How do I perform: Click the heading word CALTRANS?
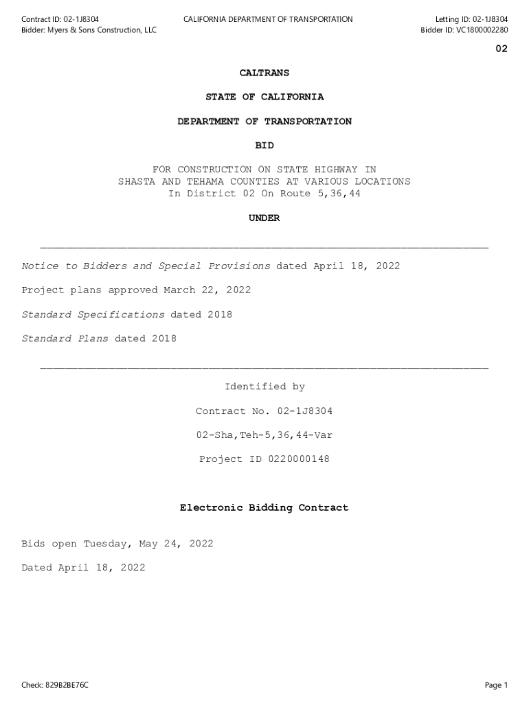point(264,73)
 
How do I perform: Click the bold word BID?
point(264,146)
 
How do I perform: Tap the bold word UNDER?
point(264,218)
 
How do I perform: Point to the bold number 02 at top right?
point(502,49)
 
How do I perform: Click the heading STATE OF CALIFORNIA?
point(264,97)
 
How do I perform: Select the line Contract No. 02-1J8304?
point(264,411)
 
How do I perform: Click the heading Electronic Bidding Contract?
point(264,508)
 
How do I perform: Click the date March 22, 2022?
point(207,290)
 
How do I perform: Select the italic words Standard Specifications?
point(93,314)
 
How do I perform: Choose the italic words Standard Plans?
point(65,338)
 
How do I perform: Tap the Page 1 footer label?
point(495,685)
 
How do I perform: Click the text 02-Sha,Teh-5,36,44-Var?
point(264,435)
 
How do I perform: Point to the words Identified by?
point(264,387)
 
